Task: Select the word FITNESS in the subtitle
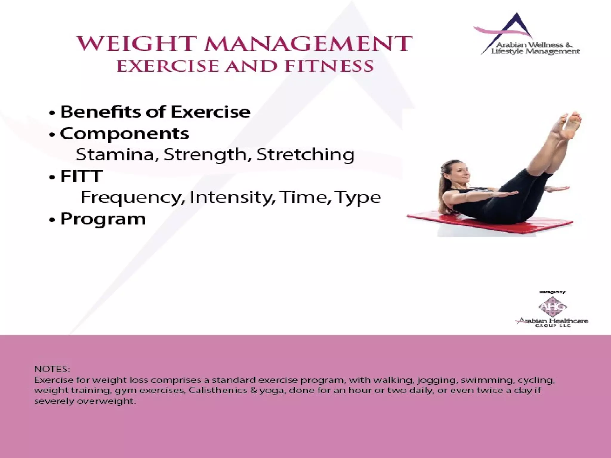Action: pyautogui.click(x=329, y=66)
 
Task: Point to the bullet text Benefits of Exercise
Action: pyautogui.click(x=155, y=112)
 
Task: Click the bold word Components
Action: pyautogui.click(x=124, y=133)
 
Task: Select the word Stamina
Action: pyautogui.click(x=116, y=154)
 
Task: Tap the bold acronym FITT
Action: pyautogui.click(x=81, y=176)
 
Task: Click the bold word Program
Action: pyautogui.click(x=103, y=219)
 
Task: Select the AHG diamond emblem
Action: pyautogui.click(x=552, y=307)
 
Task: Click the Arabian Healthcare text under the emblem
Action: pyautogui.click(x=553, y=321)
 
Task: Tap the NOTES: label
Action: pyautogui.click(x=52, y=369)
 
